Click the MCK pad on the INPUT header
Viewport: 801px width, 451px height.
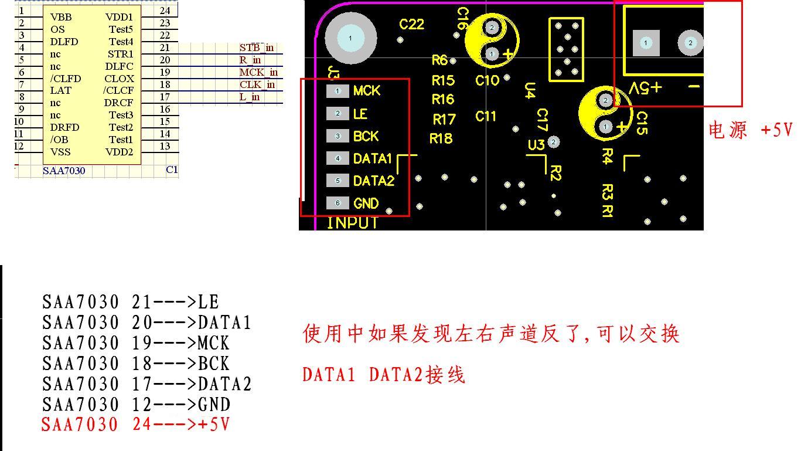[x=338, y=91]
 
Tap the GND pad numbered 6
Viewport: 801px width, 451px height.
[x=338, y=203]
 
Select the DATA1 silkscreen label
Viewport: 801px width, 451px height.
[x=372, y=158]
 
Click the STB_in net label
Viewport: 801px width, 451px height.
[x=257, y=48]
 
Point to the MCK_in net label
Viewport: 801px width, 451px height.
[x=258, y=72]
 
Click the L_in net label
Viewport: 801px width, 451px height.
[x=250, y=97]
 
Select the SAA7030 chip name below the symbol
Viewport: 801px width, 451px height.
[x=64, y=171]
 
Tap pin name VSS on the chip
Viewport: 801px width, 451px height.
[x=60, y=152]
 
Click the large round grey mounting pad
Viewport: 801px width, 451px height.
[x=350, y=38]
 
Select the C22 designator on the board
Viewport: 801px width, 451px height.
[x=411, y=24]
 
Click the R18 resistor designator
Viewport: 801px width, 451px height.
[x=441, y=138]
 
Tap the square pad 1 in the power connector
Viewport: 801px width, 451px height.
[x=646, y=43]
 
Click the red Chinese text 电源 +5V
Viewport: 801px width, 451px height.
[x=750, y=130]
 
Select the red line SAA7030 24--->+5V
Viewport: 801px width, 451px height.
[x=135, y=424]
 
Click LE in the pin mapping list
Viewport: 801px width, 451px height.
[x=209, y=302]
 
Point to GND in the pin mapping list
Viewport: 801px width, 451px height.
[x=214, y=404]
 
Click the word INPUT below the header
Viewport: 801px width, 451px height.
[x=352, y=223]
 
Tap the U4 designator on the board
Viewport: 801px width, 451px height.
[x=530, y=91]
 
